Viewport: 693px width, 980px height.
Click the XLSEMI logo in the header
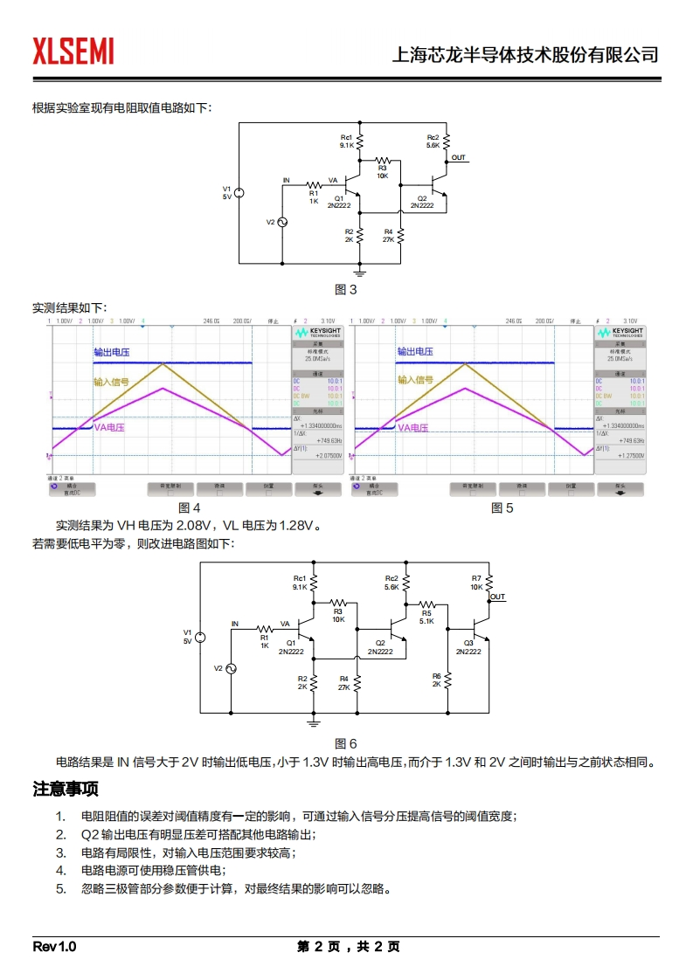pyautogui.click(x=73, y=52)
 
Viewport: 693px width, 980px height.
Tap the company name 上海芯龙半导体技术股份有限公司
pyautogui.click(x=524, y=55)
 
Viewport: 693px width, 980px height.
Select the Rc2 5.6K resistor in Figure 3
pyautogui.click(x=447, y=141)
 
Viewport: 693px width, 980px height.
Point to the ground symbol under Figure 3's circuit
pyautogui.click(x=359, y=273)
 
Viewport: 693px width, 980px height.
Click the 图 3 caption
pyautogui.click(x=346, y=290)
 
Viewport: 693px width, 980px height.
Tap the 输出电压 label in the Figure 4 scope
pyautogui.click(x=112, y=352)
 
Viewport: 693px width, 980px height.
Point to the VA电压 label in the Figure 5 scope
pyautogui.click(x=413, y=428)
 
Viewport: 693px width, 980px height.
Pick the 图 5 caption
pyautogui.click(x=502, y=508)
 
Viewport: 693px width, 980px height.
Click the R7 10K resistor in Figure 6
pyautogui.click(x=489, y=583)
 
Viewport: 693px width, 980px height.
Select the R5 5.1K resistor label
pyautogui.click(x=426, y=617)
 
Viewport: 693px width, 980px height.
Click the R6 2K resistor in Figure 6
pyautogui.click(x=447, y=680)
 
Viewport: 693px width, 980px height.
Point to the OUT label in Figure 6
pyautogui.click(x=498, y=597)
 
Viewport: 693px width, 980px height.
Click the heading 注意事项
pyautogui.click(x=66, y=789)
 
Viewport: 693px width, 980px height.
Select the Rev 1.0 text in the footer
pyautogui.click(x=54, y=947)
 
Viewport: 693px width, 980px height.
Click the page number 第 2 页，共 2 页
pyautogui.click(x=348, y=947)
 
